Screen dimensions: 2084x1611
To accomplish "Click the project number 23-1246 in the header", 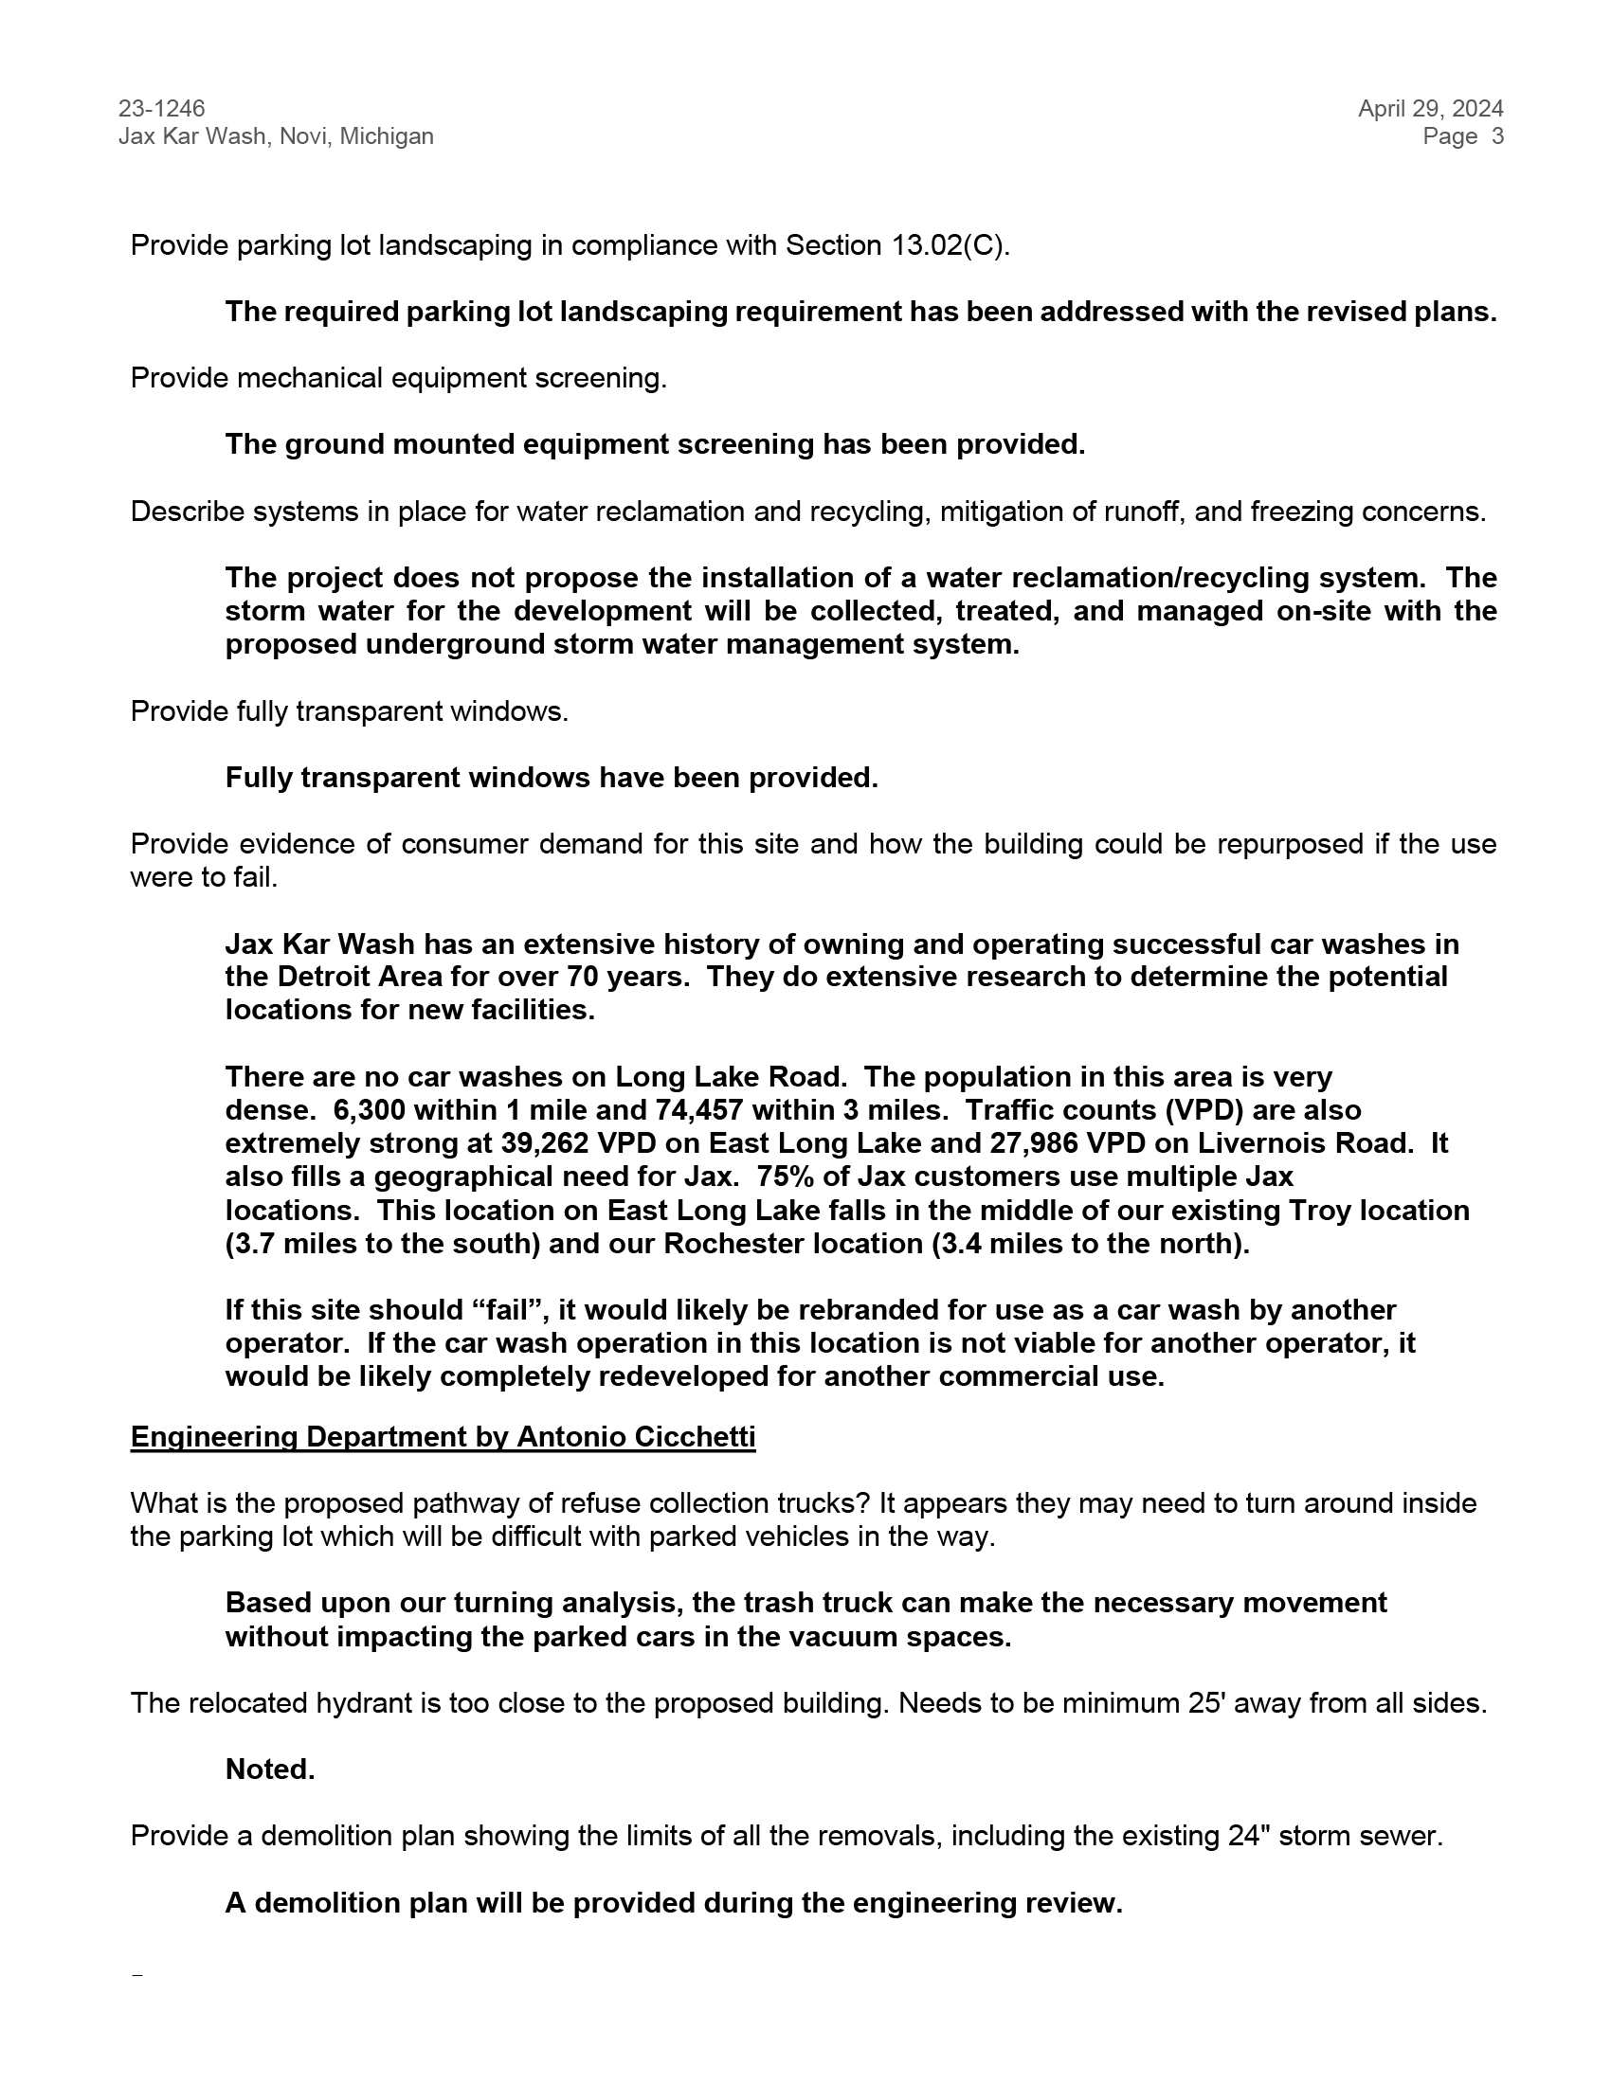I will click(161, 109).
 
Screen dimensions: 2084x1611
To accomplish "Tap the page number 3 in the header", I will click(1497, 136).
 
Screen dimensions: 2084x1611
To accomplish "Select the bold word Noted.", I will click(270, 1770).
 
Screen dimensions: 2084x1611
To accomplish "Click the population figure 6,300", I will click(369, 1110).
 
